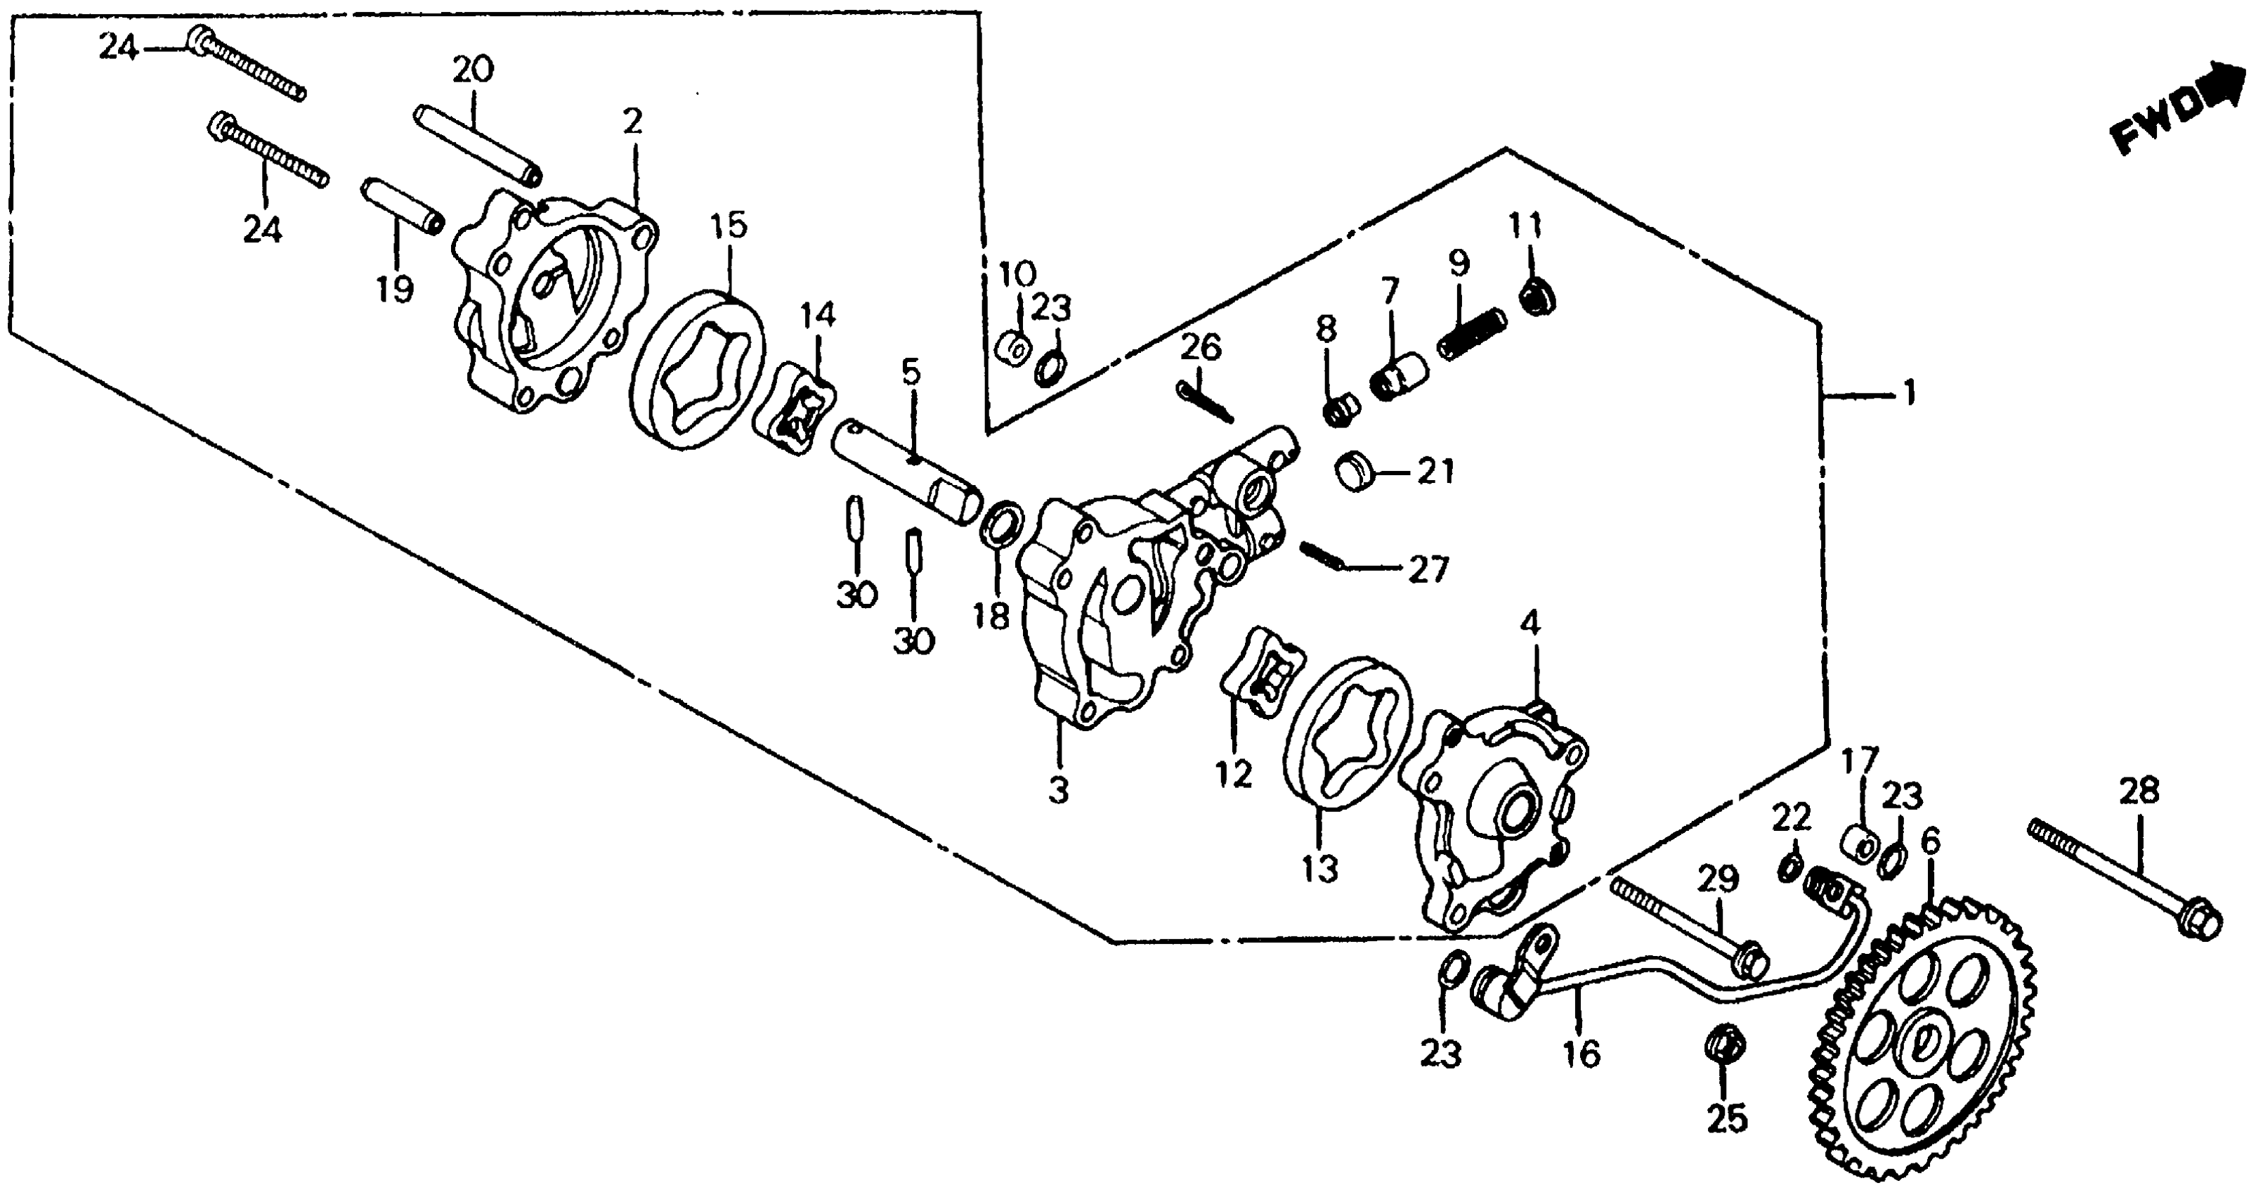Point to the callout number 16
[x=1582, y=1054]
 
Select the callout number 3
[x=1059, y=791]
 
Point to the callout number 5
[x=911, y=373]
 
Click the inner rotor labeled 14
[x=794, y=414]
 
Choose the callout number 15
[x=729, y=226]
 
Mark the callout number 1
[x=1908, y=394]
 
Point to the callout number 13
[x=1319, y=868]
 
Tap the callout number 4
[x=1530, y=625]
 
